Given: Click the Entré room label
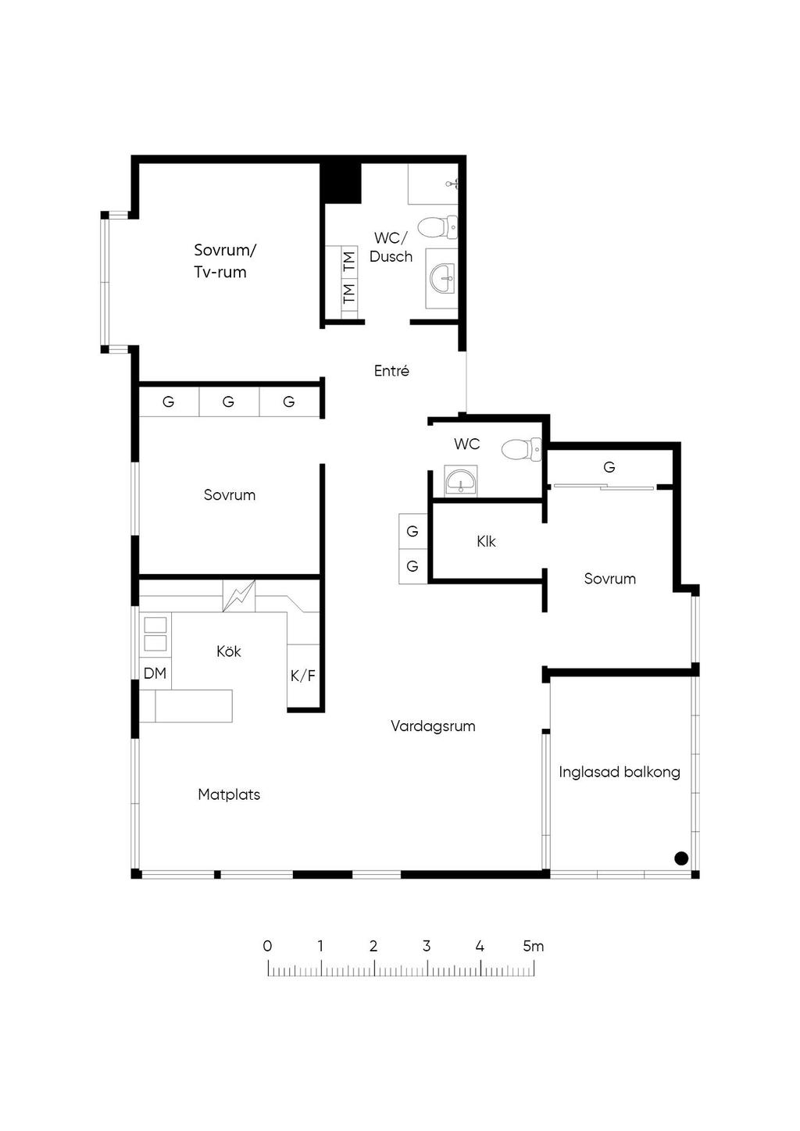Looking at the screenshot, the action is pyautogui.click(x=391, y=370).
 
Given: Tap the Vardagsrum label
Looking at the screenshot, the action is pyautogui.click(x=433, y=726).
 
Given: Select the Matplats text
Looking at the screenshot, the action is pyautogui.click(x=229, y=794).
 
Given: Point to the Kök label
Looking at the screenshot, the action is pyautogui.click(x=229, y=651).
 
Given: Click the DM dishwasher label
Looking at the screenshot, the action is pyautogui.click(x=155, y=673).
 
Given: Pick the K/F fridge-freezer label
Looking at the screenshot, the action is pyautogui.click(x=303, y=676).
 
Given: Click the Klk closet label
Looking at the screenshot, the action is pyautogui.click(x=486, y=541).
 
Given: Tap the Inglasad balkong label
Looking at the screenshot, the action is pyautogui.click(x=620, y=772).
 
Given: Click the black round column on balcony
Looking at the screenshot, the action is pyautogui.click(x=681, y=858).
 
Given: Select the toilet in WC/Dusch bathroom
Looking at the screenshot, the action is pyautogui.click(x=437, y=228).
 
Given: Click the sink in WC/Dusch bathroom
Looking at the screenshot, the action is pyautogui.click(x=442, y=278).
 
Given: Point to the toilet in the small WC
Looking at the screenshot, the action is pyautogui.click(x=522, y=449).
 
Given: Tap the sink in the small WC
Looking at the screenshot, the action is pyautogui.click(x=460, y=480).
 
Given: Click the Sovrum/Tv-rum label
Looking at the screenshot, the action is pyautogui.click(x=225, y=261).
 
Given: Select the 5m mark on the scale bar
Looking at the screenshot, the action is pyautogui.click(x=534, y=946).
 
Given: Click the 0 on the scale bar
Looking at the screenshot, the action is pyautogui.click(x=267, y=946).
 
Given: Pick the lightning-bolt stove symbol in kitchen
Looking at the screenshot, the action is pyautogui.click(x=239, y=596).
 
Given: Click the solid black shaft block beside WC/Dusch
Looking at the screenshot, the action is pyautogui.click(x=343, y=183).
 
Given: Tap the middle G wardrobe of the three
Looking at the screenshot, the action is pyautogui.click(x=228, y=401).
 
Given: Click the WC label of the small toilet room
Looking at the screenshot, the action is pyautogui.click(x=466, y=444).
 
